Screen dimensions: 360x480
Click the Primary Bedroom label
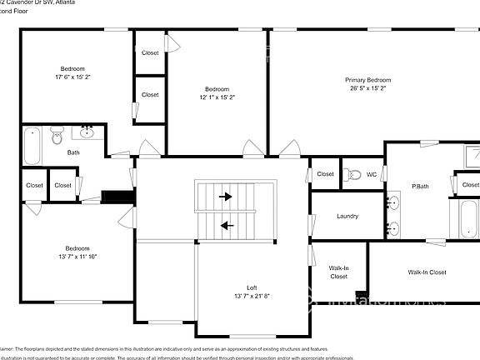[x=368, y=80]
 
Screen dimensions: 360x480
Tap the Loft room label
[x=251, y=287]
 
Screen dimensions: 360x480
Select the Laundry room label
[x=347, y=216]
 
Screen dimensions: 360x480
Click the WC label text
[x=372, y=174]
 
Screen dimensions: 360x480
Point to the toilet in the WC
[x=352, y=174]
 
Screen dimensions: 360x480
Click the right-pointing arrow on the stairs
[x=226, y=197]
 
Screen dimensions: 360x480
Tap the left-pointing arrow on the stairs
[x=226, y=224]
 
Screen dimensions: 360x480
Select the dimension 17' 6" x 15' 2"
[x=72, y=77]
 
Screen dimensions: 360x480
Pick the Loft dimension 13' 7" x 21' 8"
[x=251, y=296]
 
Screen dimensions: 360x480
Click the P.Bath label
[x=420, y=186]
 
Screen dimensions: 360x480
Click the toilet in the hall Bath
[x=57, y=135]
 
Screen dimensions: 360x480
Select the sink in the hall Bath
[x=87, y=131]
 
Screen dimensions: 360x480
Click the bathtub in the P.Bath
[x=462, y=220]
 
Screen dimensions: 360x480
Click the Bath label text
[x=73, y=152]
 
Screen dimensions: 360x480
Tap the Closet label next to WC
[x=325, y=174]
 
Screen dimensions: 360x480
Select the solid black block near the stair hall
[x=117, y=197]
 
